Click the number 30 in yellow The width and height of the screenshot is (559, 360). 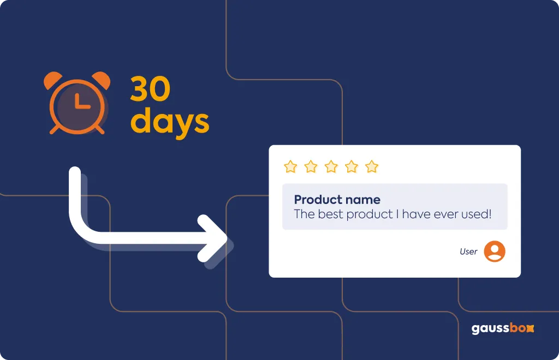[150, 89]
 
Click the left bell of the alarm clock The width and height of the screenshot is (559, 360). [52, 80]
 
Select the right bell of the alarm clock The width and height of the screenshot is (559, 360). [102, 79]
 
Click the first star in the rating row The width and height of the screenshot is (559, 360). [290, 166]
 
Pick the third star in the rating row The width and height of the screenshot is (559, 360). [331, 166]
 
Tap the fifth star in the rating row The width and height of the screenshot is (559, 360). [371, 166]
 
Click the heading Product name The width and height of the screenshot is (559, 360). [337, 200]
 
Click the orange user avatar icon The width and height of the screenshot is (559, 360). [495, 251]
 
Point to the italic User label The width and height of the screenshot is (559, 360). [468, 251]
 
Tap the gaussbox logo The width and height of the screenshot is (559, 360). [503, 328]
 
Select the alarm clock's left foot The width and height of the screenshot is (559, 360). [55, 129]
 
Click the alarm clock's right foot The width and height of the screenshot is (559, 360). [99, 129]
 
